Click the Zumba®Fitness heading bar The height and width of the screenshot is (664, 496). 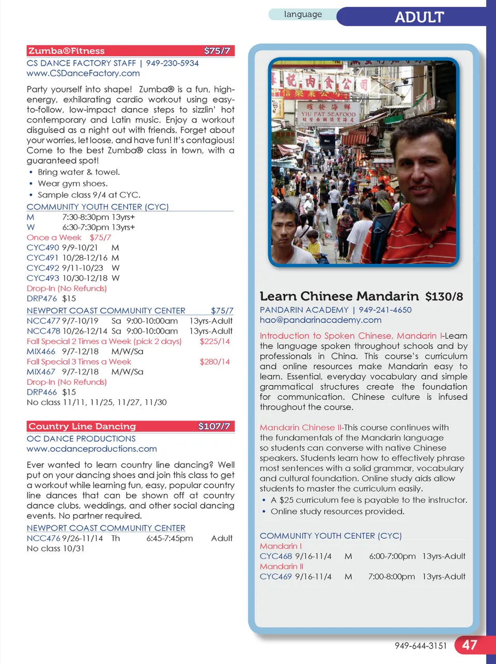(130, 51)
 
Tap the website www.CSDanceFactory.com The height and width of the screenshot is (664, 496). (83, 73)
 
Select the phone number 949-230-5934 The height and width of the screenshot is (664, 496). (172, 63)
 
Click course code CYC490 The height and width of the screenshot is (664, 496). (43, 248)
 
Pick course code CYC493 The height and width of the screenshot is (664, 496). (43, 278)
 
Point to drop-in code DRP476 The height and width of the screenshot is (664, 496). (42, 298)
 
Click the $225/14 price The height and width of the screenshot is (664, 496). (214, 341)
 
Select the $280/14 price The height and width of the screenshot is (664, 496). (214, 361)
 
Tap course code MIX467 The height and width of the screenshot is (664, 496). (41, 372)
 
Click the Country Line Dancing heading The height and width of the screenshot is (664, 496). (82, 426)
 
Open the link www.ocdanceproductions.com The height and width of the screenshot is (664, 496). (91, 449)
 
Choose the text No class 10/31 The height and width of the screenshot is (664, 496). (55, 549)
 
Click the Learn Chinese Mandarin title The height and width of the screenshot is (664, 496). (339, 296)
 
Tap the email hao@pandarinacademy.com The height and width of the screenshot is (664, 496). (320, 320)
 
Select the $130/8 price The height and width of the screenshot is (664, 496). (444, 297)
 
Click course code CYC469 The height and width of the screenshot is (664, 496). (276, 577)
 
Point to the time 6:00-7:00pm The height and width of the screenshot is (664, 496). (392, 556)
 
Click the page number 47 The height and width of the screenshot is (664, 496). (469, 645)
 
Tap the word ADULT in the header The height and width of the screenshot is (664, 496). (419, 17)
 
